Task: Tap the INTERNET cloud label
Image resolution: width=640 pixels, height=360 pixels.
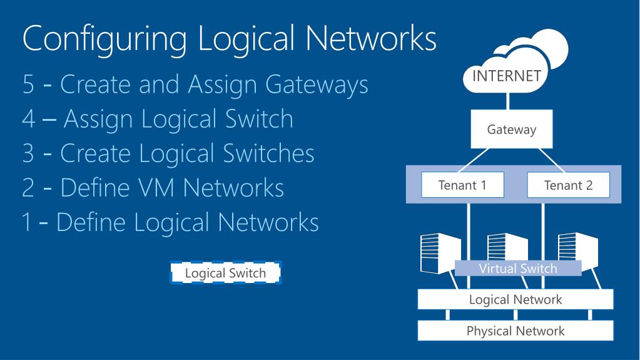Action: tap(507, 76)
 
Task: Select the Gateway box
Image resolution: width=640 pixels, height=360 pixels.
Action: tap(511, 129)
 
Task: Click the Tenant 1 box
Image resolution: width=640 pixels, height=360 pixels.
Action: tap(462, 185)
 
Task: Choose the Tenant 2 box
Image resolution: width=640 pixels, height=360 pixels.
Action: tap(568, 185)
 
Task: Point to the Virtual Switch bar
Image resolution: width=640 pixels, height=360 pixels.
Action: tap(518, 269)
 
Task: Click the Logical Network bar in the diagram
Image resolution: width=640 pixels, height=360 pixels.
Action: tap(515, 299)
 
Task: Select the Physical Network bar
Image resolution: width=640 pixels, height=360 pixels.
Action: tap(515, 331)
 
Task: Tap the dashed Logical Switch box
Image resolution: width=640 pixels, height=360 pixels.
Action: tap(225, 272)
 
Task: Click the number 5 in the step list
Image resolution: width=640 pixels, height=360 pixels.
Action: tap(28, 85)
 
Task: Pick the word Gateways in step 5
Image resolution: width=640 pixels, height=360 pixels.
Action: tap(317, 85)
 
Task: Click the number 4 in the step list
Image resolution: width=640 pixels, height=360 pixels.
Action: tap(29, 120)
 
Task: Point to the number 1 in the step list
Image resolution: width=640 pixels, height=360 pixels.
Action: tap(27, 223)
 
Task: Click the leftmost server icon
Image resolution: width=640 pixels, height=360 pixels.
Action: tap(440, 254)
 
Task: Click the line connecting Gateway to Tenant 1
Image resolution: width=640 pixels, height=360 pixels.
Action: tap(474, 160)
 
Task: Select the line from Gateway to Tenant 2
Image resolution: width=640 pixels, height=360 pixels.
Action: tap(551, 160)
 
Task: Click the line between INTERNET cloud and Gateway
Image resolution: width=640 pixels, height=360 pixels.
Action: tap(508, 101)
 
